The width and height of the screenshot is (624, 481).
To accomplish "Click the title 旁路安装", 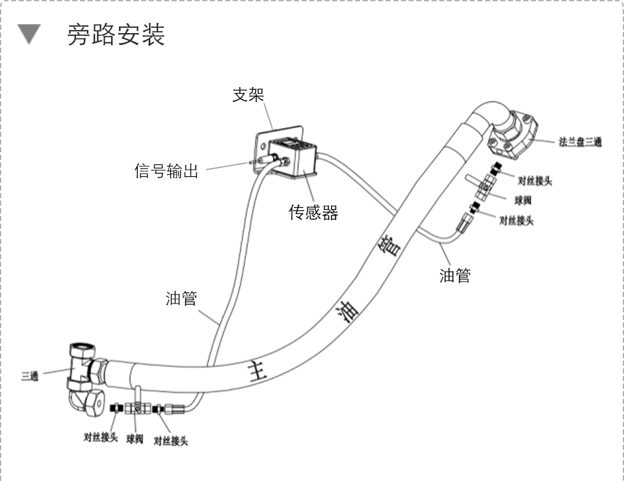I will coord(116,35).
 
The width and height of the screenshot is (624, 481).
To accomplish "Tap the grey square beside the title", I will coord(29,35).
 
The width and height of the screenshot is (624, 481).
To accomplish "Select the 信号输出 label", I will coord(166,172).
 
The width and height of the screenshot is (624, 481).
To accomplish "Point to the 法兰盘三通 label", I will coord(580,142).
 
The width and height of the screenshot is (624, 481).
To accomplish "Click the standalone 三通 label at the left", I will coord(30,376).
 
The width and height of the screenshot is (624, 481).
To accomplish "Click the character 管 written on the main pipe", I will coord(390,246).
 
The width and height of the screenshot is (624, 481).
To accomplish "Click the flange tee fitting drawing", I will coord(513,133).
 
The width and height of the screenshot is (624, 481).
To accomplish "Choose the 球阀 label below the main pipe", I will coord(135,440).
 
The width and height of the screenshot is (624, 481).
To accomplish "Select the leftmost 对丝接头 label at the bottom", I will coord(100,437).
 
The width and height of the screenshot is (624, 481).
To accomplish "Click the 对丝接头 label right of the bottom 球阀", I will coord(170,441).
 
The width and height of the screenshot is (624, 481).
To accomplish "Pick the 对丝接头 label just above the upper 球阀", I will coord(534,181).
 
